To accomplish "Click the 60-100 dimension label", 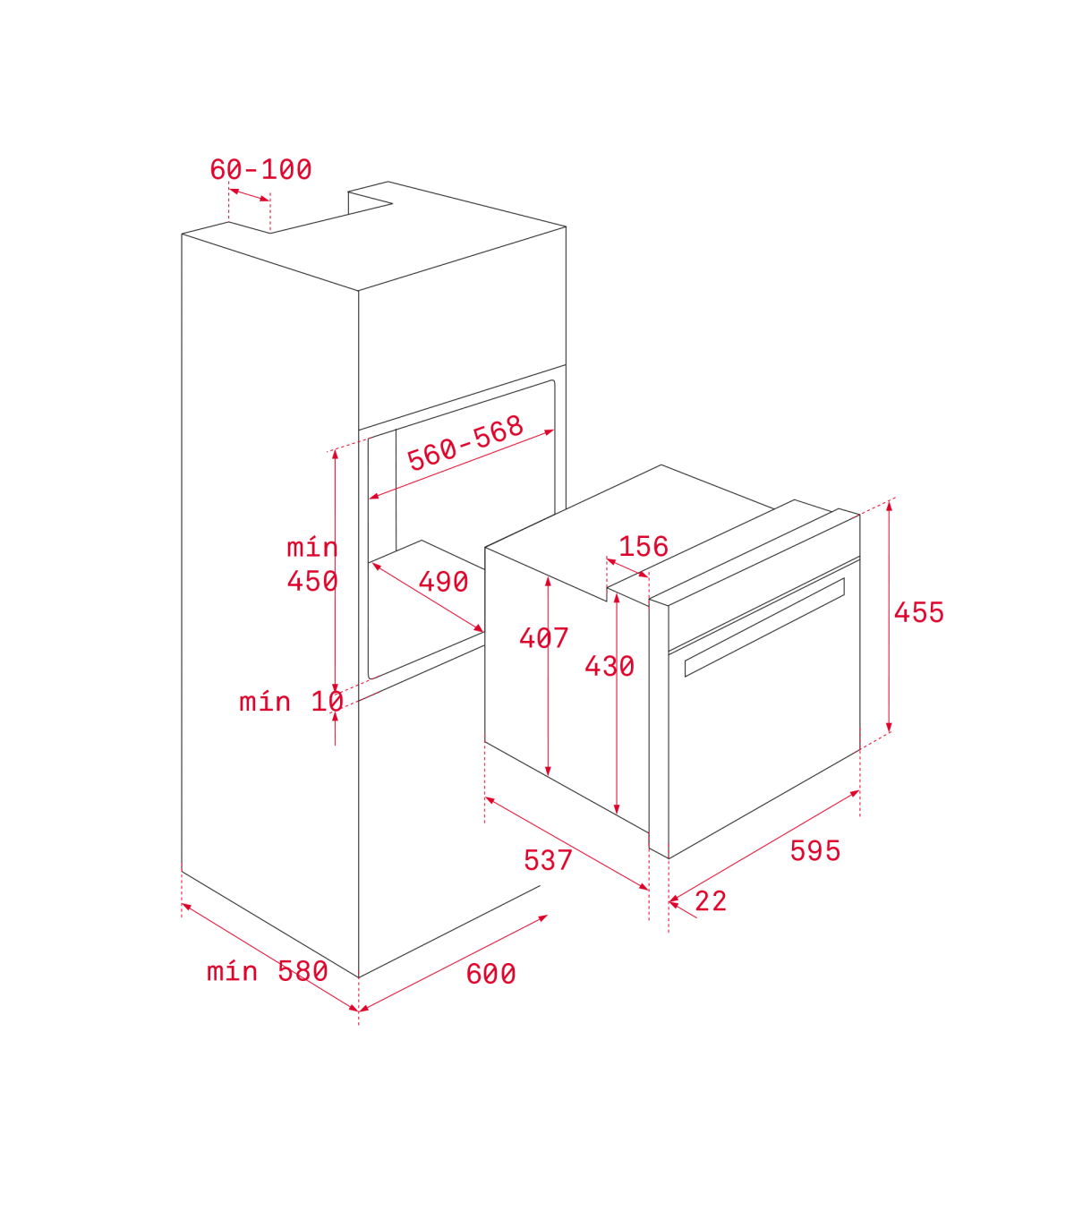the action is click(260, 169).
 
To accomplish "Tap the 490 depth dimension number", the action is click(443, 582).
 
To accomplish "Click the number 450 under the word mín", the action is click(312, 581).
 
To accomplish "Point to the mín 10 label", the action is click(291, 702).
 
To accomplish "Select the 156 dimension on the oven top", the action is click(644, 546).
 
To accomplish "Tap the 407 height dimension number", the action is click(543, 637).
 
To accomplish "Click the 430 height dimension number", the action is click(609, 666).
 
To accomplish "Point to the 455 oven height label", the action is click(918, 612).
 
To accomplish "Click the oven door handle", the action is click(765, 627).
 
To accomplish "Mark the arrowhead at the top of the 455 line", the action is click(889, 506).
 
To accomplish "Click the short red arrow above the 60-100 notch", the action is click(249, 195).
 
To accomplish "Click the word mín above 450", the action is click(312, 548).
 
